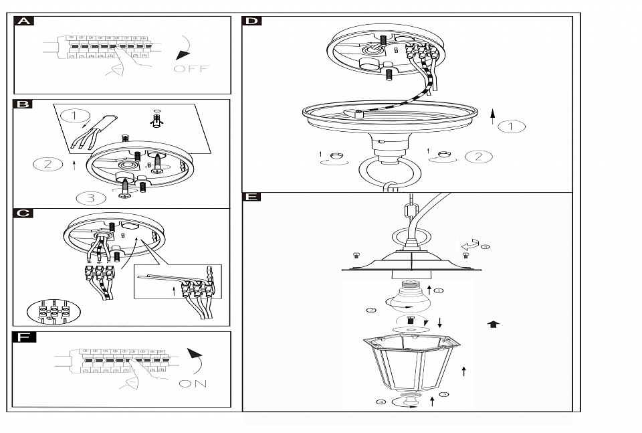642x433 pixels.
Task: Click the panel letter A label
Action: pyautogui.click(x=24, y=21)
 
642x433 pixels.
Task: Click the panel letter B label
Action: pyautogui.click(x=23, y=104)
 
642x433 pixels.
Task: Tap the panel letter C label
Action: pyautogui.click(x=23, y=213)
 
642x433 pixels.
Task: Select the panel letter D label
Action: pyautogui.click(x=251, y=21)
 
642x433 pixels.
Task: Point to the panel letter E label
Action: pyautogui.click(x=251, y=197)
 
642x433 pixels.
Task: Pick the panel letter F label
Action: pyautogui.click(x=24, y=337)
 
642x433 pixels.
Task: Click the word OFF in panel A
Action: pyautogui.click(x=191, y=69)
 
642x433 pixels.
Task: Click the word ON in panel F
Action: pyautogui.click(x=193, y=383)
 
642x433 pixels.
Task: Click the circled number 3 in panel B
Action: pyautogui.click(x=92, y=197)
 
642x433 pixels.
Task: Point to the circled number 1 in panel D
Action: pyautogui.click(x=512, y=126)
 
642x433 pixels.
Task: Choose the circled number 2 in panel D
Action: pyautogui.click(x=479, y=157)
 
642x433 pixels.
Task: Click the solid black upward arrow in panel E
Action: pyautogui.click(x=494, y=325)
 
